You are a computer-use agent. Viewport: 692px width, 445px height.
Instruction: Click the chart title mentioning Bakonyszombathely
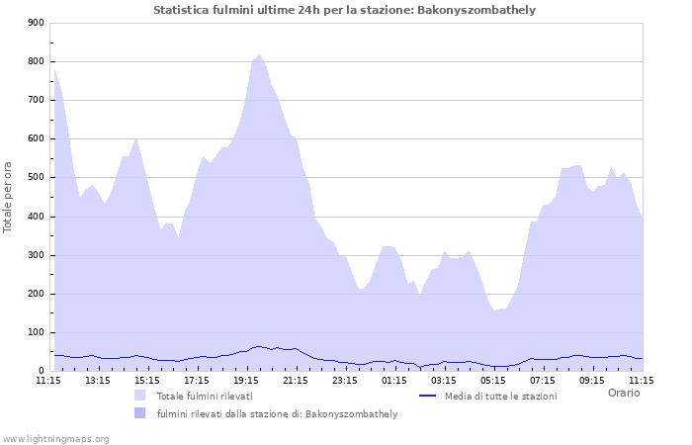click(x=345, y=10)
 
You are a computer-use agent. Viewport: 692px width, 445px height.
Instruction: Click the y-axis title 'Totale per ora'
click(x=8, y=197)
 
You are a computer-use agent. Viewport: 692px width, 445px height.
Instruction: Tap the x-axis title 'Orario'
click(x=623, y=393)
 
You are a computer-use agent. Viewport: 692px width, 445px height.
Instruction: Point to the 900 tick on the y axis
click(x=36, y=23)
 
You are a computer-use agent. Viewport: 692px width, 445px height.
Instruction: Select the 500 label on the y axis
click(x=36, y=178)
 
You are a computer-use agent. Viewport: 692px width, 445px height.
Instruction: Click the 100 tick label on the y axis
click(x=36, y=333)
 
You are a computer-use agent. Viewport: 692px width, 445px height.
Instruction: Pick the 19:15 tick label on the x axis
click(x=246, y=380)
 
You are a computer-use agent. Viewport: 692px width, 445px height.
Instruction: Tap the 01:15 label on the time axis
click(x=394, y=380)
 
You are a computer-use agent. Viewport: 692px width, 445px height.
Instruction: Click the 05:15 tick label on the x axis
click(x=493, y=380)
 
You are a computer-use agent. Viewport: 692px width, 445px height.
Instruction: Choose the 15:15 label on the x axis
click(x=147, y=380)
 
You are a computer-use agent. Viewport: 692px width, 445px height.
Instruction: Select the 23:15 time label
click(x=345, y=380)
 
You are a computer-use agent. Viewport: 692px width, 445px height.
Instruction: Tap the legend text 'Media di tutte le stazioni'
click(x=500, y=396)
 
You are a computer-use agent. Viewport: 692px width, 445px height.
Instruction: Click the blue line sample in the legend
click(x=428, y=396)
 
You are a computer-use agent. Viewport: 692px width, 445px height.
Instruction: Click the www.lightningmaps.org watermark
click(x=55, y=438)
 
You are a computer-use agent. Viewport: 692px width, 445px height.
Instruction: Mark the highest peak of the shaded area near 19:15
click(x=259, y=55)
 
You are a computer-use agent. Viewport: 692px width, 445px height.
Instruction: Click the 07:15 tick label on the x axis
click(x=543, y=380)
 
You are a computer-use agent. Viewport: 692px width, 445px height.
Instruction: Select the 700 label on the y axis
click(x=36, y=100)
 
